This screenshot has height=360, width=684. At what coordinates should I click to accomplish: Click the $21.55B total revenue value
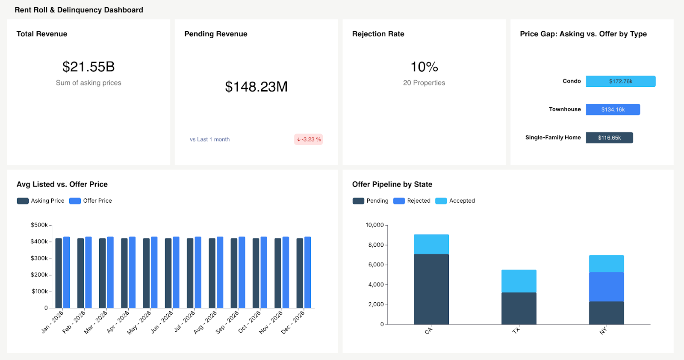(88, 67)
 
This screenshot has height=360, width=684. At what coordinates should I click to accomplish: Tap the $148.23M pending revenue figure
(256, 87)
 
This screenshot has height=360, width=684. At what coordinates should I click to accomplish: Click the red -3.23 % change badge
(308, 139)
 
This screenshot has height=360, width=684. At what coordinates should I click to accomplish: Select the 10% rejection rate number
(424, 67)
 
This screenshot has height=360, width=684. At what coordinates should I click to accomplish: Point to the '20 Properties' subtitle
(424, 83)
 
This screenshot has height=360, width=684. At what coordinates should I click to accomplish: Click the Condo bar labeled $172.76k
(620, 81)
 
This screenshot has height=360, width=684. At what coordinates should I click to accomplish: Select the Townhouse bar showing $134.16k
(613, 109)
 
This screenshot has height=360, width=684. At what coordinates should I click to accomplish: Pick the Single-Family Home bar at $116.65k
(609, 138)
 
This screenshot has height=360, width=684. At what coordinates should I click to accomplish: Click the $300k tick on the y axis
(39, 258)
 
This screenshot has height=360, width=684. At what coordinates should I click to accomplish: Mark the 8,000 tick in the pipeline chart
(376, 245)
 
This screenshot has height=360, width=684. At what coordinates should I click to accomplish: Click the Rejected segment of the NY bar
(606, 287)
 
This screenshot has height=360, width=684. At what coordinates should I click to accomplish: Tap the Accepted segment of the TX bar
(519, 281)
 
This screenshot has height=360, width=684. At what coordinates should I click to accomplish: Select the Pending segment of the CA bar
(431, 289)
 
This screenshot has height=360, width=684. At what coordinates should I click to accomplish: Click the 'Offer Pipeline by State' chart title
(392, 184)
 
